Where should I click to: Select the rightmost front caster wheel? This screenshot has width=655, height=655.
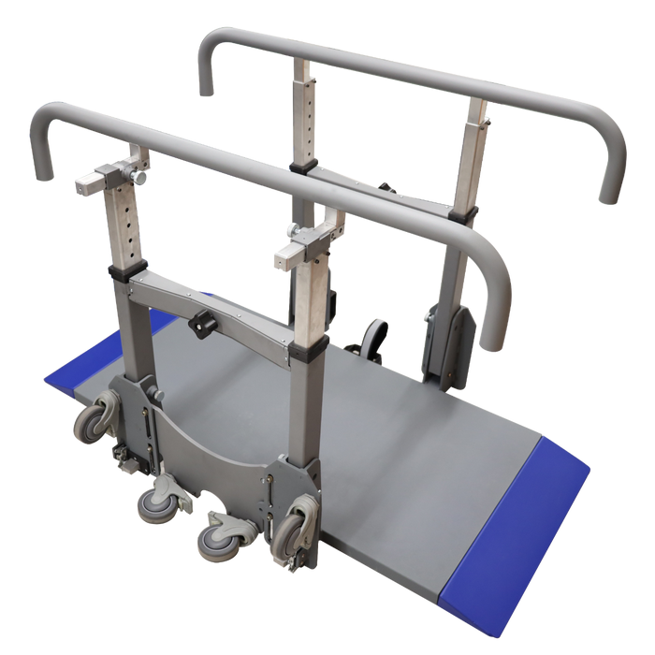[x=290, y=534]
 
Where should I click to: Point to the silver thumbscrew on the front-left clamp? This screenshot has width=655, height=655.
[x=140, y=177]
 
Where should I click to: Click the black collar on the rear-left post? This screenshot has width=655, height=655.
[x=300, y=168]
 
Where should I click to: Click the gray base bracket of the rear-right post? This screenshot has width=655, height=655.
[x=444, y=342]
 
